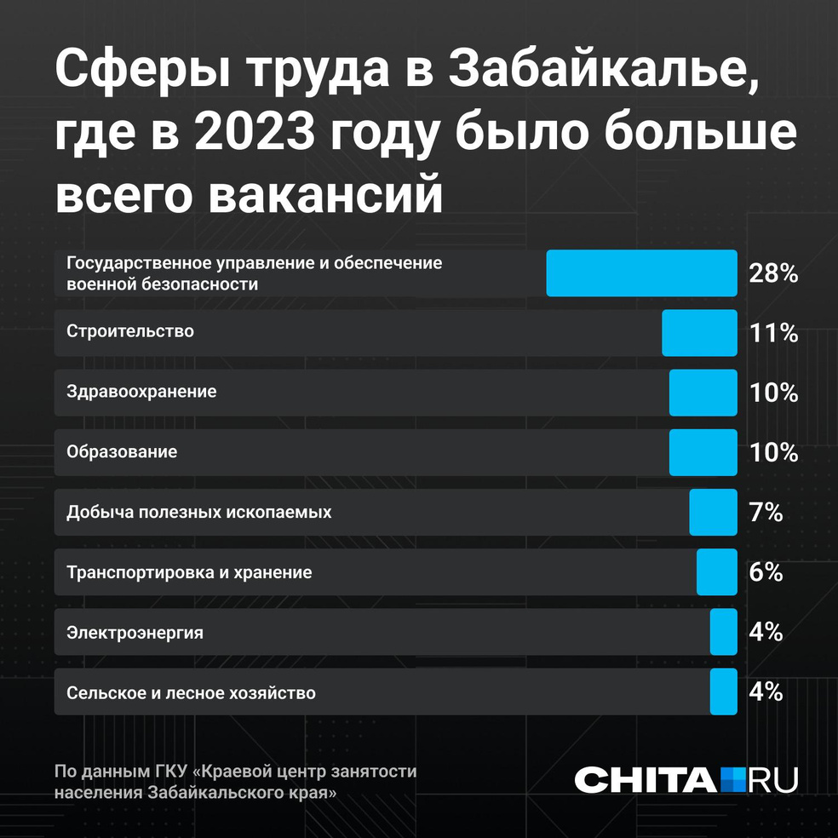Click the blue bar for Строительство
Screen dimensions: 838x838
click(x=699, y=333)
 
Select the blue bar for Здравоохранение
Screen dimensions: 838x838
click(x=703, y=393)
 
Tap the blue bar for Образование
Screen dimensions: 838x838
click(x=703, y=452)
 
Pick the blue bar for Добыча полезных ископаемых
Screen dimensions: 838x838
click(x=713, y=513)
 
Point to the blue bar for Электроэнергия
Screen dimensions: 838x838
click(x=723, y=632)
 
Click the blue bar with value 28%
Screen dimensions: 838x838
click(x=641, y=273)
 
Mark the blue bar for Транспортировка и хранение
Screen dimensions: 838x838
click(x=716, y=572)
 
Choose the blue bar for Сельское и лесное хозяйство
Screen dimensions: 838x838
click(x=723, y=692)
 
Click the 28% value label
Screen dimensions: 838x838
click(x=772, y=273)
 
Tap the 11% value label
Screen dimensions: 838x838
click(x=772, y=333)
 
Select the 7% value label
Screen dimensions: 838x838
click(x=766, y=513)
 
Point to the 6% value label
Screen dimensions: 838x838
click(x=766, y=572)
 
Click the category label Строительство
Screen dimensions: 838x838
click(x=129, y=330)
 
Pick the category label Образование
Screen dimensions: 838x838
click(x=121, y=451)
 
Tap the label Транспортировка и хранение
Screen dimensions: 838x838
click(x=188, y=572)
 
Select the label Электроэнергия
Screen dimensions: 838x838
click(x=134, y=633)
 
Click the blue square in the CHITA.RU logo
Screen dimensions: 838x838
click(x=732, y=779)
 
